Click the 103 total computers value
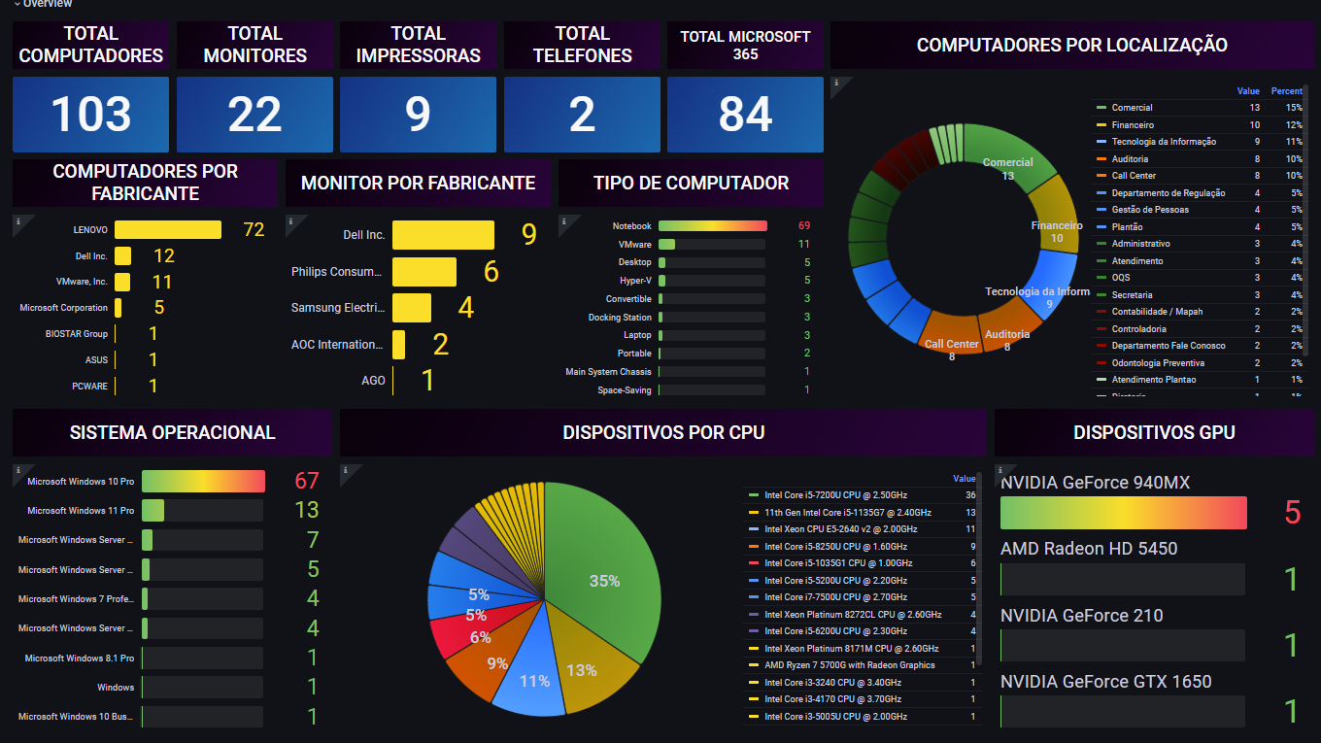coord(90,115)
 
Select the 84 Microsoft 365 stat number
coord(745,115)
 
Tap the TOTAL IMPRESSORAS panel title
coord(418,45)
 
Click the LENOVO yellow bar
coord(168,230)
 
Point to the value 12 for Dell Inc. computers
coord(163,255)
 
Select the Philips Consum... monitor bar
coord(424,272)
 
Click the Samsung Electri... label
coord(337,308)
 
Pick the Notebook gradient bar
coord(712,226)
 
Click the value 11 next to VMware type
coord(803,245)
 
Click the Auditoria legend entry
coord(1130,159)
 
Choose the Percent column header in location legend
coord(1286,91)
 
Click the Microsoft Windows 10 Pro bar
coord(203,482)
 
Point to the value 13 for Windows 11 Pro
coord(306,510)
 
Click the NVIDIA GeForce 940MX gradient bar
coord(1123,513)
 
